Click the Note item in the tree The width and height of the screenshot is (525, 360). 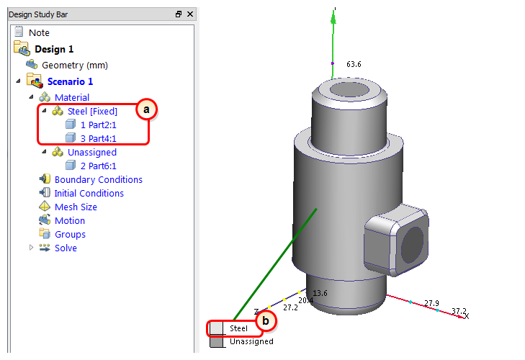coord(39,32)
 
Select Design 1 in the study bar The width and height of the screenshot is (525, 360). coord(54,49)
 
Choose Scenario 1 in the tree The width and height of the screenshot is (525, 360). coord(70,81)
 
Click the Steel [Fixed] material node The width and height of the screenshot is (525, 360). coord(92,111)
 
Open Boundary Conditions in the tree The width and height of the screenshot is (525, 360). coord(98,179)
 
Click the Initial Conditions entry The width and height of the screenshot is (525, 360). coord(89,193)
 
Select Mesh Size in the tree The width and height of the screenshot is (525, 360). coord(76,207)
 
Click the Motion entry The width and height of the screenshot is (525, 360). coord(69,220)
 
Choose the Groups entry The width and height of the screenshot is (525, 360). coord(70,234)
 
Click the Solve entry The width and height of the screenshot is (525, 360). coord(66,248)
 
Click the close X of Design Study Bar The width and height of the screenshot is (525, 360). coord(189,14)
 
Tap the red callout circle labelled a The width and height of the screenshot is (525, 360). coord(146,109)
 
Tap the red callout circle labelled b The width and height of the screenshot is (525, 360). coord(265,320)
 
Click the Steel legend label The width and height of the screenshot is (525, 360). coord(238,328)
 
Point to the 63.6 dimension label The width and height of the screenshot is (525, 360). coord(354,64)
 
